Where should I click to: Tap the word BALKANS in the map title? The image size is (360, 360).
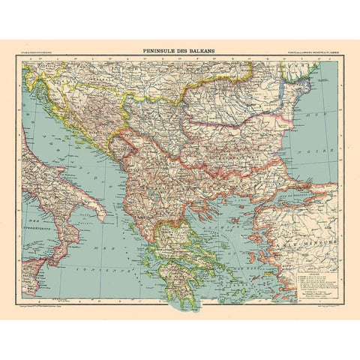click(202, 52)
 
